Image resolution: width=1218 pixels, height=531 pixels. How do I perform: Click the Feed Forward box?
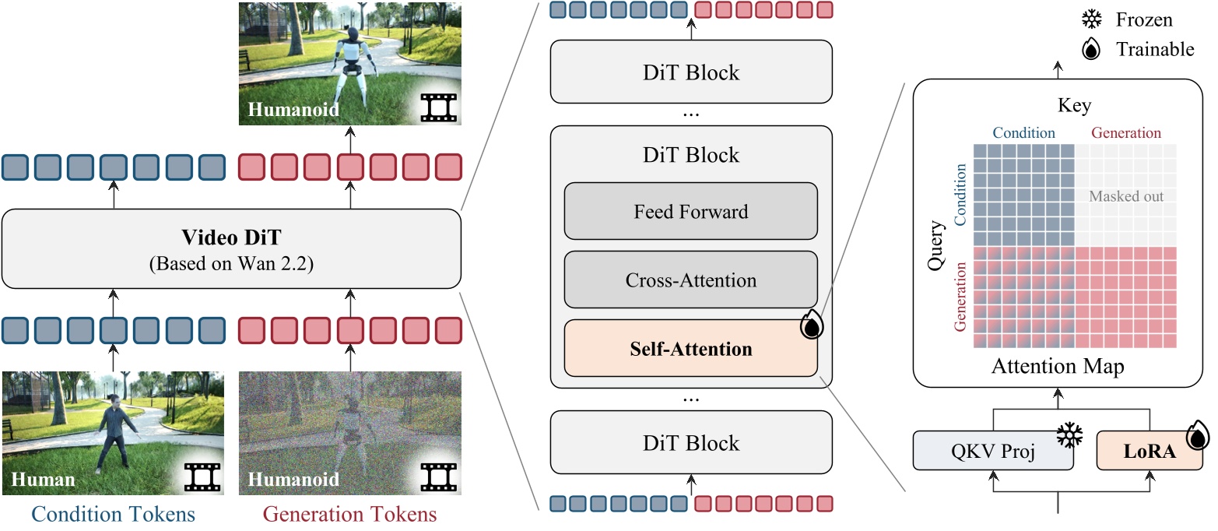click(691, 211)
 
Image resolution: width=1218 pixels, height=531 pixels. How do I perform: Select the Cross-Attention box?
click(691, 280)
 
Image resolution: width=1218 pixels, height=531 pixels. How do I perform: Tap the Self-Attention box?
click(691, 348)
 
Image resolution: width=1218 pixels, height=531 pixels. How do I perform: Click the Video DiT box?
click(231, 248)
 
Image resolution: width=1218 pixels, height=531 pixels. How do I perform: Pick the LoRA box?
click(1150, 451)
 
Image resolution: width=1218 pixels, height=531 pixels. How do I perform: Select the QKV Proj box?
click(993, 451)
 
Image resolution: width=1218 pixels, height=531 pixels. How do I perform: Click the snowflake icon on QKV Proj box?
click(1069, 436)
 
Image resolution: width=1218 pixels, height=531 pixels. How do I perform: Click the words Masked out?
click(1126, 196)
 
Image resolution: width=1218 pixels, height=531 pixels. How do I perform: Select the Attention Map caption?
click(1058, 367)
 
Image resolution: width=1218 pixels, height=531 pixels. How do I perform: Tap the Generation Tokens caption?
click(350, 515)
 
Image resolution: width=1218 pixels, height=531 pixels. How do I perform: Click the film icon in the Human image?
click(202, 476)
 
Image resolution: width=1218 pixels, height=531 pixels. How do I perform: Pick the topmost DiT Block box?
click(691, 73)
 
